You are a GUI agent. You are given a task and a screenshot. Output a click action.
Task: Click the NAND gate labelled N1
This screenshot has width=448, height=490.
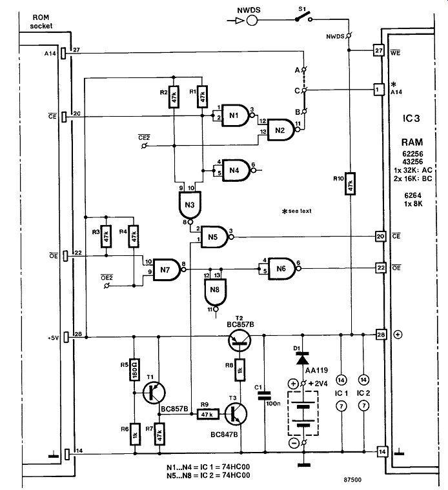236,115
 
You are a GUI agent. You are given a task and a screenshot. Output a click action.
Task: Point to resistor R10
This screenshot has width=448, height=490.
350,184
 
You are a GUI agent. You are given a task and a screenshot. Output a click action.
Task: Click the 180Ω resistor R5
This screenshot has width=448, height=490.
134,369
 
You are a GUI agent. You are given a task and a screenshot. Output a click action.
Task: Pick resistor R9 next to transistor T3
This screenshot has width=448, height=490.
208,415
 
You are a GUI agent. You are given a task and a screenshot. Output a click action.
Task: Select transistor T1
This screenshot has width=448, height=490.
154,393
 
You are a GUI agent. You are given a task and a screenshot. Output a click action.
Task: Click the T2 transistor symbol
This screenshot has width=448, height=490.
239,340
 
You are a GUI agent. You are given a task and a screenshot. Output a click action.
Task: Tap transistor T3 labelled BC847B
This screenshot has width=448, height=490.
236,414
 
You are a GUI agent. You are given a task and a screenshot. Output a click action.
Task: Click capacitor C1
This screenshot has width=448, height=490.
265,396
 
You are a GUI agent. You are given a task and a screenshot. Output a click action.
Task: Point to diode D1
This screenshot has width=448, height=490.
303,358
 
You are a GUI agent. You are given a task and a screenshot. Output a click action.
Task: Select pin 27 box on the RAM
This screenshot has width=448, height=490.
378,50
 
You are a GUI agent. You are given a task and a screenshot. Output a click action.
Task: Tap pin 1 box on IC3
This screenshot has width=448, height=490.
378,90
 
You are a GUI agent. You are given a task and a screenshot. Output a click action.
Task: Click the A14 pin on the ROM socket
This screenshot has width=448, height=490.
63,54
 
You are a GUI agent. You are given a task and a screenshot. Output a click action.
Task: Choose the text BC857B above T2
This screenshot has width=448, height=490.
240,324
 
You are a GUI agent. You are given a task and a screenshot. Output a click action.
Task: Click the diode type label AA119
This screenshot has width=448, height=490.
316,370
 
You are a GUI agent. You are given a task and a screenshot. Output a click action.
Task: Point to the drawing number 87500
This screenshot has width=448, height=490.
352,480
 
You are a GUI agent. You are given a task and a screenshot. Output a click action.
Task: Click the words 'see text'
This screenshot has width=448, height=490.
300,211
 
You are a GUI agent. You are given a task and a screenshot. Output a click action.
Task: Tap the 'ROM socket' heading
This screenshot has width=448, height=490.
41,21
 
